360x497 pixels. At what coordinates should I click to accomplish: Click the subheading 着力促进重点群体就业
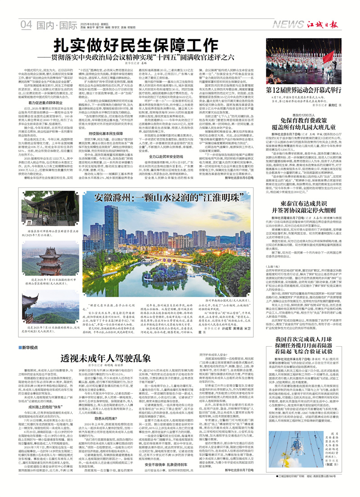42,103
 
